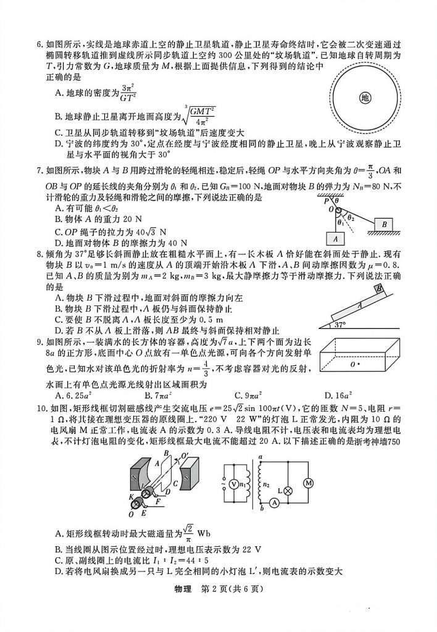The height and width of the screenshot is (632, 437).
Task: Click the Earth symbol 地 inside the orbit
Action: click(365, 98)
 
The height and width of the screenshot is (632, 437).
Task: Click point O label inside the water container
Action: click(354, 365)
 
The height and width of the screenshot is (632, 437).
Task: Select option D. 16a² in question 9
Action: click(338, 395)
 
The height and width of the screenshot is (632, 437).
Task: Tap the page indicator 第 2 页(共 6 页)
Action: click(236, 588)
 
